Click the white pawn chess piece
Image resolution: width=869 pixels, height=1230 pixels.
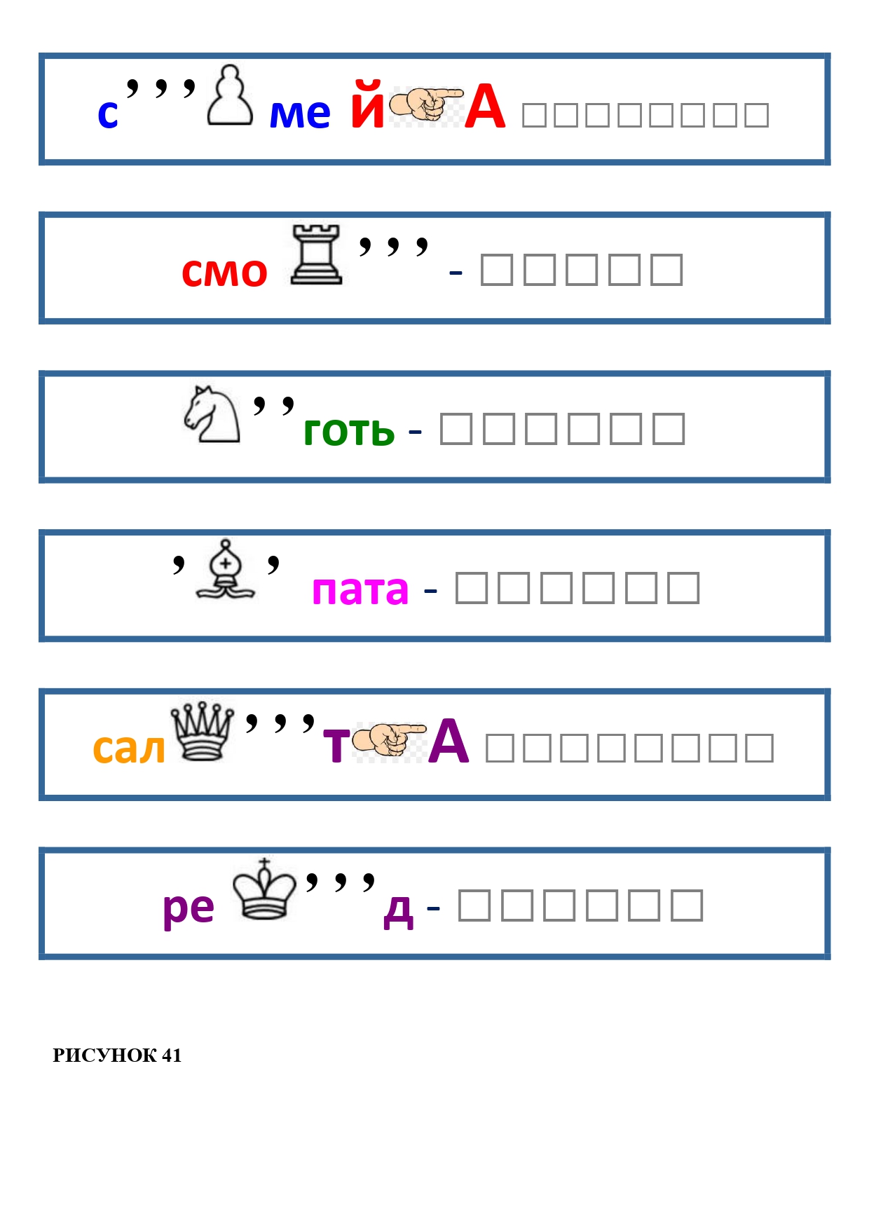tap(230, 95)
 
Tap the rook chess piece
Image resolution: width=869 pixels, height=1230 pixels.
tap(316, 254)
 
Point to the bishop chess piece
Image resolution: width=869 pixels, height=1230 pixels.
tap(226, 569)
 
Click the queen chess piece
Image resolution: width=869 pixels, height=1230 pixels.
tap(203, 730)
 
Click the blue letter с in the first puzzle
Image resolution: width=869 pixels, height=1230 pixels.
tap(108, 114)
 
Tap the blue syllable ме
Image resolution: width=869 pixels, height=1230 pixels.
tap(300, 114)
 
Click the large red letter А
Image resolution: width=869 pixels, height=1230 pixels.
tap(485, 107)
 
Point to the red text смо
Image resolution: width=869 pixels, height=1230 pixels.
tap(224, 272)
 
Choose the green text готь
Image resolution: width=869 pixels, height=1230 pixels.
tap(349, 431)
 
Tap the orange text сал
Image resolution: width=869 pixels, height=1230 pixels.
tap(130, 749)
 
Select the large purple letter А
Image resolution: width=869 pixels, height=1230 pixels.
tap(449, 742)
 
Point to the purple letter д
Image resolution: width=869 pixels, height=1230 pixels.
tap(399, 910)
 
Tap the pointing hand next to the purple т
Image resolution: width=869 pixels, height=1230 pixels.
tap(389, 741)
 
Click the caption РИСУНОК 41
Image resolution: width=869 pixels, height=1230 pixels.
tap(117, 1055)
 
